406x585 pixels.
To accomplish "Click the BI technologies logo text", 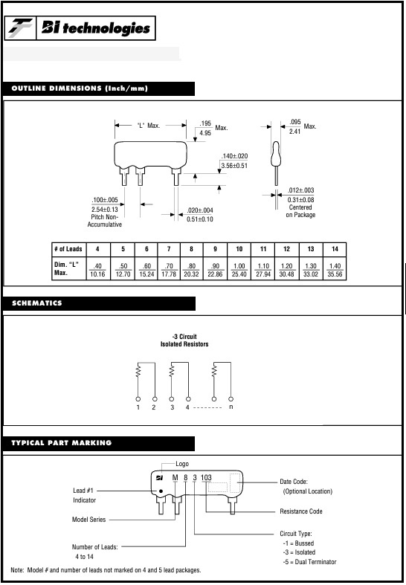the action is click(x=96, y=28).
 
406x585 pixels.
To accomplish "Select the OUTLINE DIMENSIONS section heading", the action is click(x=80, y=88).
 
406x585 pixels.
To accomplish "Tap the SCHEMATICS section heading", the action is click(x=37, y=303).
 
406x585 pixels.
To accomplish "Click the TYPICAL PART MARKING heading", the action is click(x=62, y=443).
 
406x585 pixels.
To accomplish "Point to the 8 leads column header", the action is click(x=192, y=249).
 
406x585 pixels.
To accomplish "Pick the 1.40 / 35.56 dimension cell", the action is click(x=335, y=271).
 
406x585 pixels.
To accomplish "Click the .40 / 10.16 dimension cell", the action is click(x=97, y=271).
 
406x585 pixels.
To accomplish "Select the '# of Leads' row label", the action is click(x=68, y=249).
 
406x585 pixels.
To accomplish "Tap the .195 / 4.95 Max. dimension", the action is click(x=213, y=128).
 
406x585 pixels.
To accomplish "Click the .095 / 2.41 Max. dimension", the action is click(x=303, y=126).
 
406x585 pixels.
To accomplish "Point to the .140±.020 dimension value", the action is click(x=234, y=156).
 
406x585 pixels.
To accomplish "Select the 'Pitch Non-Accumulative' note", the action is click(x=105, y=221).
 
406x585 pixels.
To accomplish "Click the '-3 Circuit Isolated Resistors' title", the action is click(x=184, y=340).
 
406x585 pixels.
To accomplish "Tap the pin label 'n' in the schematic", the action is click(x=231, y=407).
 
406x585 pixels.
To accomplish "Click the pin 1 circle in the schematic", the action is click(x=138, y=398).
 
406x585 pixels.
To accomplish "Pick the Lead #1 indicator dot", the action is click(x=161, y=491).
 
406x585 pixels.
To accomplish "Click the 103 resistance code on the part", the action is click(x=206, y=477).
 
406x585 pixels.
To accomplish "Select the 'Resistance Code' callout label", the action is click(x=301, y=511).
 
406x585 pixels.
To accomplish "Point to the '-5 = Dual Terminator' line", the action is click(x=310, y=561).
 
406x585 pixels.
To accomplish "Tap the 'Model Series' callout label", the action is click(x=88, y=520).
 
